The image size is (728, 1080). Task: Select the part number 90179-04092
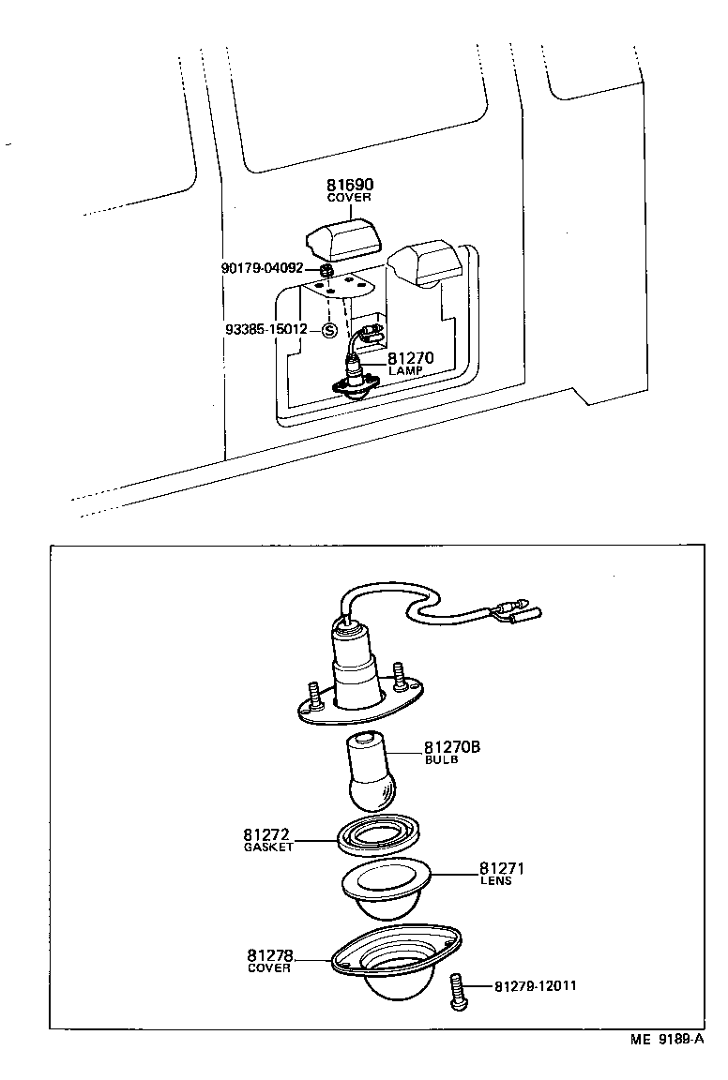(x=263, y=268)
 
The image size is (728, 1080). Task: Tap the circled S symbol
(x=329, y=330)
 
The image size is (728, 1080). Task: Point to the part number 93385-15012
(x=266, y=330)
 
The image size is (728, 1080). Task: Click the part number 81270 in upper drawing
(x=409, y=358)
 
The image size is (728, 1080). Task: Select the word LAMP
(x=405, y=371)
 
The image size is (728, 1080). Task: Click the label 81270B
(x=452, y=747)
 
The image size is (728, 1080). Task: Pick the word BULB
(x=441, y=760)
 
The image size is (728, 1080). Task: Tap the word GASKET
(x=268, y=847)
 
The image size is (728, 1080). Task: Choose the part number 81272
(x=266, y=834)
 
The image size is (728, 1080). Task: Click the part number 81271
(x=501, y=869)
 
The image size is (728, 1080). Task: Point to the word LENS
(x=496, y=881)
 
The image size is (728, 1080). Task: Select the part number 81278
(x=270, y=955)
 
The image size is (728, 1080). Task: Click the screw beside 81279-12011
(x=457, y=988)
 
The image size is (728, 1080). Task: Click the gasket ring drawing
(x=377, y=833)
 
